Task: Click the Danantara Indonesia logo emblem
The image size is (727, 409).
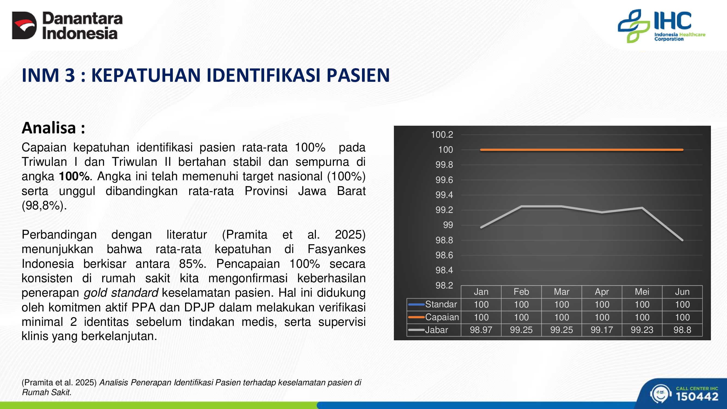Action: click(x=24, y=25)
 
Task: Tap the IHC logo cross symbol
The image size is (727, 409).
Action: click(x=634, y=26)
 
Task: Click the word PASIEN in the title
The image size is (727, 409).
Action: click(x=358, y=75)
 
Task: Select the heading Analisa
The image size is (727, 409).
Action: click(x=53, y=128)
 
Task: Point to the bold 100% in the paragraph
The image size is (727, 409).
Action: click(x=74, y=176)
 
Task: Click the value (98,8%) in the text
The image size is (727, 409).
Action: click(x=44, y=206)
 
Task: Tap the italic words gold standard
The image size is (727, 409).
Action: click(x=121, y=293)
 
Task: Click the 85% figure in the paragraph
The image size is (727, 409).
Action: click(x=192, y=264)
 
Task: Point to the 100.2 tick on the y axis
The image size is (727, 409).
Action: click(x=442, y=135)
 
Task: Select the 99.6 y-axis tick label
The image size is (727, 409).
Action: click(x=444, y=180)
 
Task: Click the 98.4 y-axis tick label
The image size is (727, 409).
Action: click(x=444, y=270)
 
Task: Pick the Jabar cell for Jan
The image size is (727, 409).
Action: click(x=481, y=330)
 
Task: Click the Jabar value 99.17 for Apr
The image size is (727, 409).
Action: click(x=602, y=330)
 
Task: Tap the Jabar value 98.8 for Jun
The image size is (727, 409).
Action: click(x=682, y=330)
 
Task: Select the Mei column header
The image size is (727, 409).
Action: click(x=642, y=291)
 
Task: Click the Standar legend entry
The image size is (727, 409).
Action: click(x=433, y=304)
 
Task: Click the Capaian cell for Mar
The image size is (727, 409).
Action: click(x=562, y=317)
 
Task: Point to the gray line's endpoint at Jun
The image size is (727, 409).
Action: click(x=682, y=240)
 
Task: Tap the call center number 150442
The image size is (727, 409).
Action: click(x=697, y=396)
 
